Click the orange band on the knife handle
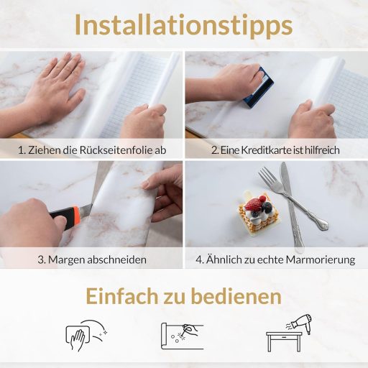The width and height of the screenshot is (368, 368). (x=77, y=214)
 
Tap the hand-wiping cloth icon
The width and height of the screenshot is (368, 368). (x=86, y=335)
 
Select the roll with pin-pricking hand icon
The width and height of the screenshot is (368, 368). (x=182, y=336)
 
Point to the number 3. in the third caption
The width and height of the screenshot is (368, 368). (x=42, y=259)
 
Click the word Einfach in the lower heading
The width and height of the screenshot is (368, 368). (x=122, y=296)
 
